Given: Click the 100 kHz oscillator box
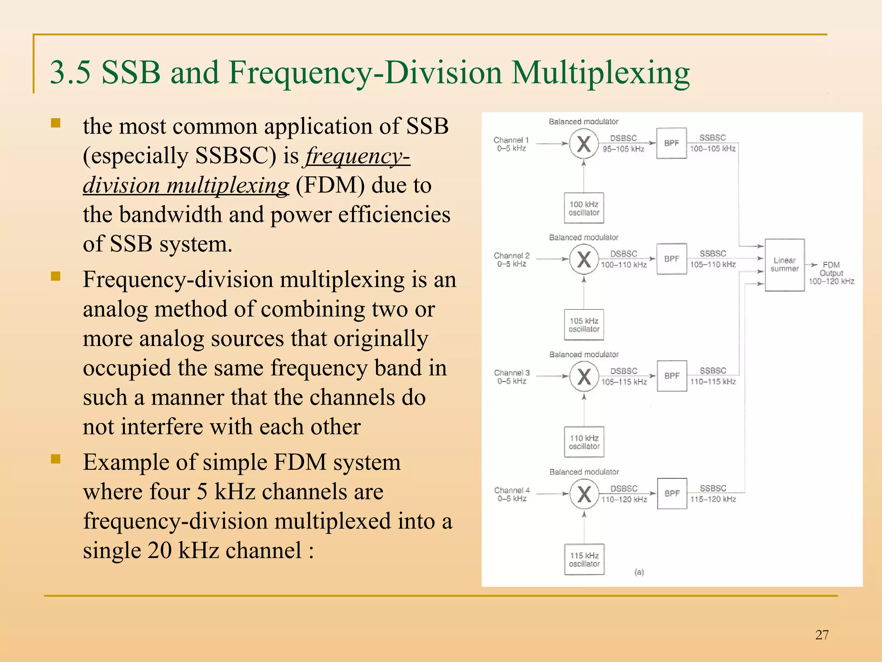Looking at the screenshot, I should pos(584,208).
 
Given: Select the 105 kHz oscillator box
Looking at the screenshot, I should pos(584,325).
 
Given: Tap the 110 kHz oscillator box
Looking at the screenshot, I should pos(584,442).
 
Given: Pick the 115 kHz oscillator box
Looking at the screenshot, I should pos(584,559).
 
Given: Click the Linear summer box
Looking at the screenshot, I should pos(784,265).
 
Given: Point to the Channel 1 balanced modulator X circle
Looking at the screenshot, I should pos(584,144).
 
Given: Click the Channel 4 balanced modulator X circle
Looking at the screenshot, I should pos(584,494).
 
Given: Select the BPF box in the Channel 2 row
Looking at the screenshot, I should pos(671,259).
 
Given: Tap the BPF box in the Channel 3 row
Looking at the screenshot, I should pos(672,376).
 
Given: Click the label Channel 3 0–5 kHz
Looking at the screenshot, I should pos(512,377).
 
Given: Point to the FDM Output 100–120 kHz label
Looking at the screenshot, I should pos(831,273).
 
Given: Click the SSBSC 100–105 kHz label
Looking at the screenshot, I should pos(712,143).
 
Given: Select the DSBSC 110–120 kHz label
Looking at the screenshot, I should pos(624,494).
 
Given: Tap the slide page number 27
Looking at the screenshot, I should pos(822,635).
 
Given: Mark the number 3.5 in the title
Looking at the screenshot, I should pos(70,72).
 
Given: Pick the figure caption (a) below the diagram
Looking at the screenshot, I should pos(639,572).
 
